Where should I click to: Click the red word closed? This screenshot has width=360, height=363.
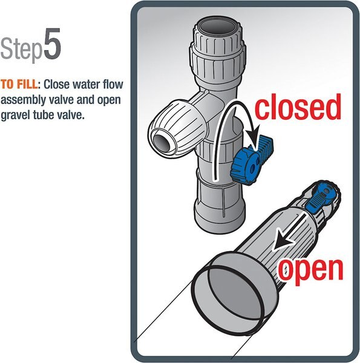[297, 107]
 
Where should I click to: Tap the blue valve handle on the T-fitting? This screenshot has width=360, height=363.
[246, 159]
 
